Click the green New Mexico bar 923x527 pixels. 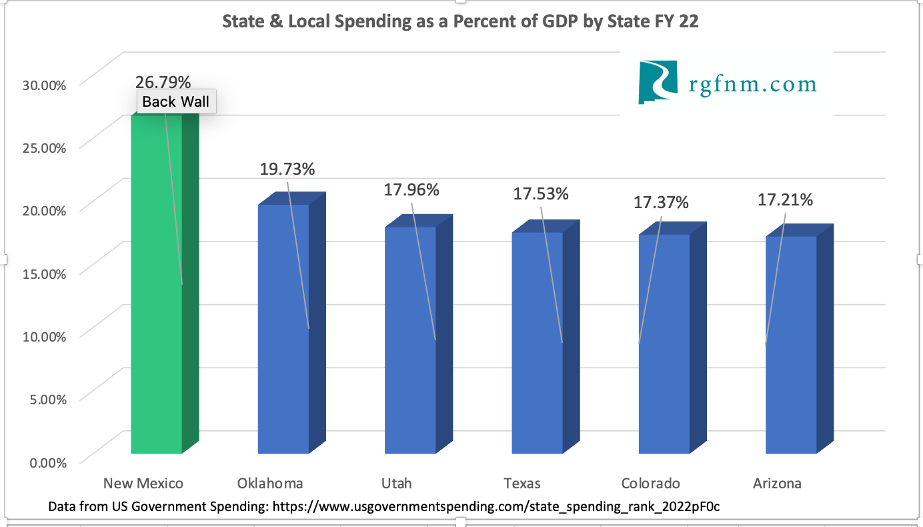[156, 300]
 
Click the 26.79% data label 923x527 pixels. [163, 82]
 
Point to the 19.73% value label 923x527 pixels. [287, 169]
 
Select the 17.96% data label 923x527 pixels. [411, 189]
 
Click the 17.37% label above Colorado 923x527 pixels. [660, 201]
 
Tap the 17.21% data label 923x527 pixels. [785, 199]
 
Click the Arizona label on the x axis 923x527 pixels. [777, 483]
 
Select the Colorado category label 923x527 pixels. [650, 483]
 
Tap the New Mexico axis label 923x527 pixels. [143, 483]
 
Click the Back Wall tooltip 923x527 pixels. [176, 102]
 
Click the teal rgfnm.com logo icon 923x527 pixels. [658, 82]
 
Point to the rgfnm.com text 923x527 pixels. [752, 84]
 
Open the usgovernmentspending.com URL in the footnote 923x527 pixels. [494, 506]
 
